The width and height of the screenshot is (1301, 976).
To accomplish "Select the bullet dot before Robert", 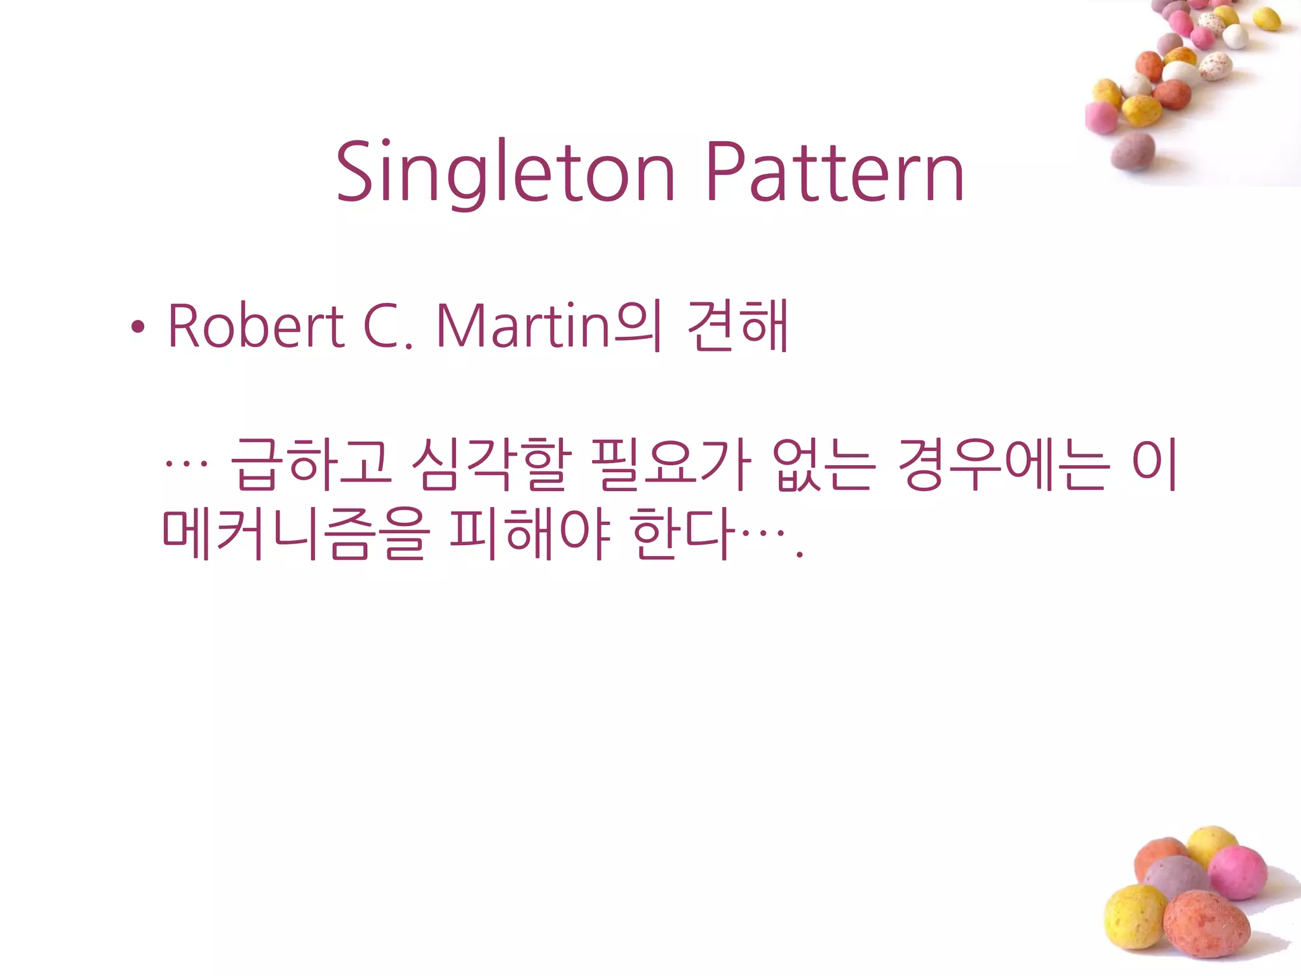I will (137, 328).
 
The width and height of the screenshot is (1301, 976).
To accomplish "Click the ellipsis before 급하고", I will (185, 463).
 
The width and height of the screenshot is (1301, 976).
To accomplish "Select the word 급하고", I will (311, 465).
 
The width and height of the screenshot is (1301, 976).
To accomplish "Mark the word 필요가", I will (671, 465).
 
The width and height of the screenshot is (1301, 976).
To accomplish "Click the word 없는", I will (824, 465).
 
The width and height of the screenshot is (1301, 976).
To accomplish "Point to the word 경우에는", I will (1004, 465).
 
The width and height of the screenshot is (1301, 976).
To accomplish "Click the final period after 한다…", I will (800, 554).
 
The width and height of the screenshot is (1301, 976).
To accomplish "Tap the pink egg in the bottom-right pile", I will (1237, 872).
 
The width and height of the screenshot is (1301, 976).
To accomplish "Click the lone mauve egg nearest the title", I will (1133, 151).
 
